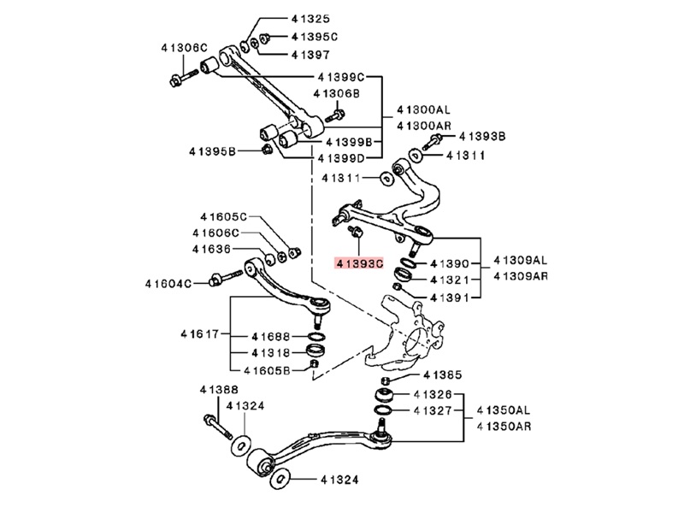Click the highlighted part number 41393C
(x=358, y=263)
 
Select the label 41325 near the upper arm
(x=310, y=19)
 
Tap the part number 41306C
(x=184, y=48)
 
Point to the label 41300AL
(x=423, y=109)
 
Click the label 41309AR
(x=521, y=276)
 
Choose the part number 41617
(x=198, y=334)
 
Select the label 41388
(x=219, y=390)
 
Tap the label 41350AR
(x=504, y=426)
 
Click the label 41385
(x=442, y=374)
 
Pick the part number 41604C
(x=168, y=284)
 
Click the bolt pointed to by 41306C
(x=184, y=78)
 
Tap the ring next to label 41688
(x=316, y=336)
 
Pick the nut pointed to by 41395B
(x=266, y=149)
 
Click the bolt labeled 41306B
(x=335, y=115)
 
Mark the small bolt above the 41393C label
(x=356, y=232)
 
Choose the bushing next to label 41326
(x=384, y=395)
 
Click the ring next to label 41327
(x=384, y=410)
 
